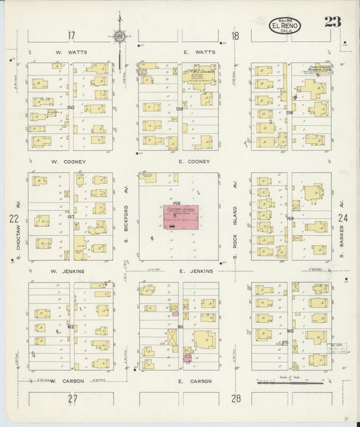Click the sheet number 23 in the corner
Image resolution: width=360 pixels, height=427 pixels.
point(332,21)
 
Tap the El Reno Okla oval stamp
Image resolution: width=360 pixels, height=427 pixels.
point(285,26)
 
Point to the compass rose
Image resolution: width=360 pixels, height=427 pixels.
point(120,36)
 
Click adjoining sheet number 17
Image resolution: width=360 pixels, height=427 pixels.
point(72,35)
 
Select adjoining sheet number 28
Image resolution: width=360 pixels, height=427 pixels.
point(235,399)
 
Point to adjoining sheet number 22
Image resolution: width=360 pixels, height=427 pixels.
point(13,218)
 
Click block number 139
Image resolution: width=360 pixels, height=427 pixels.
point(179,109)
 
